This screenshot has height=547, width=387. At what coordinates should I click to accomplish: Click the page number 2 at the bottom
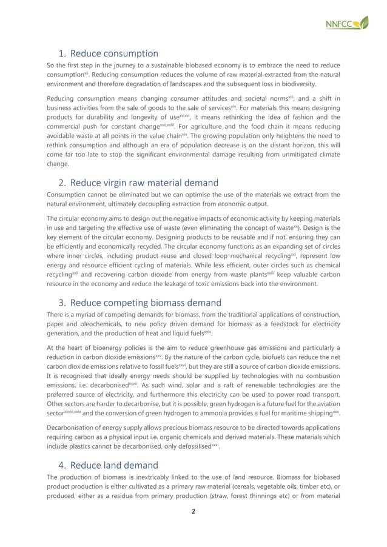point(193,511)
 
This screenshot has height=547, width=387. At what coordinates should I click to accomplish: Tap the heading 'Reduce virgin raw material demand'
point(144,183)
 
